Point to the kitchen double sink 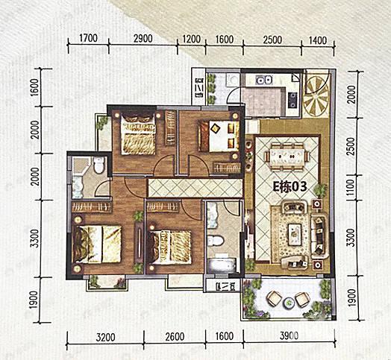tap(265, 80)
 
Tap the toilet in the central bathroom tap(216, 241)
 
